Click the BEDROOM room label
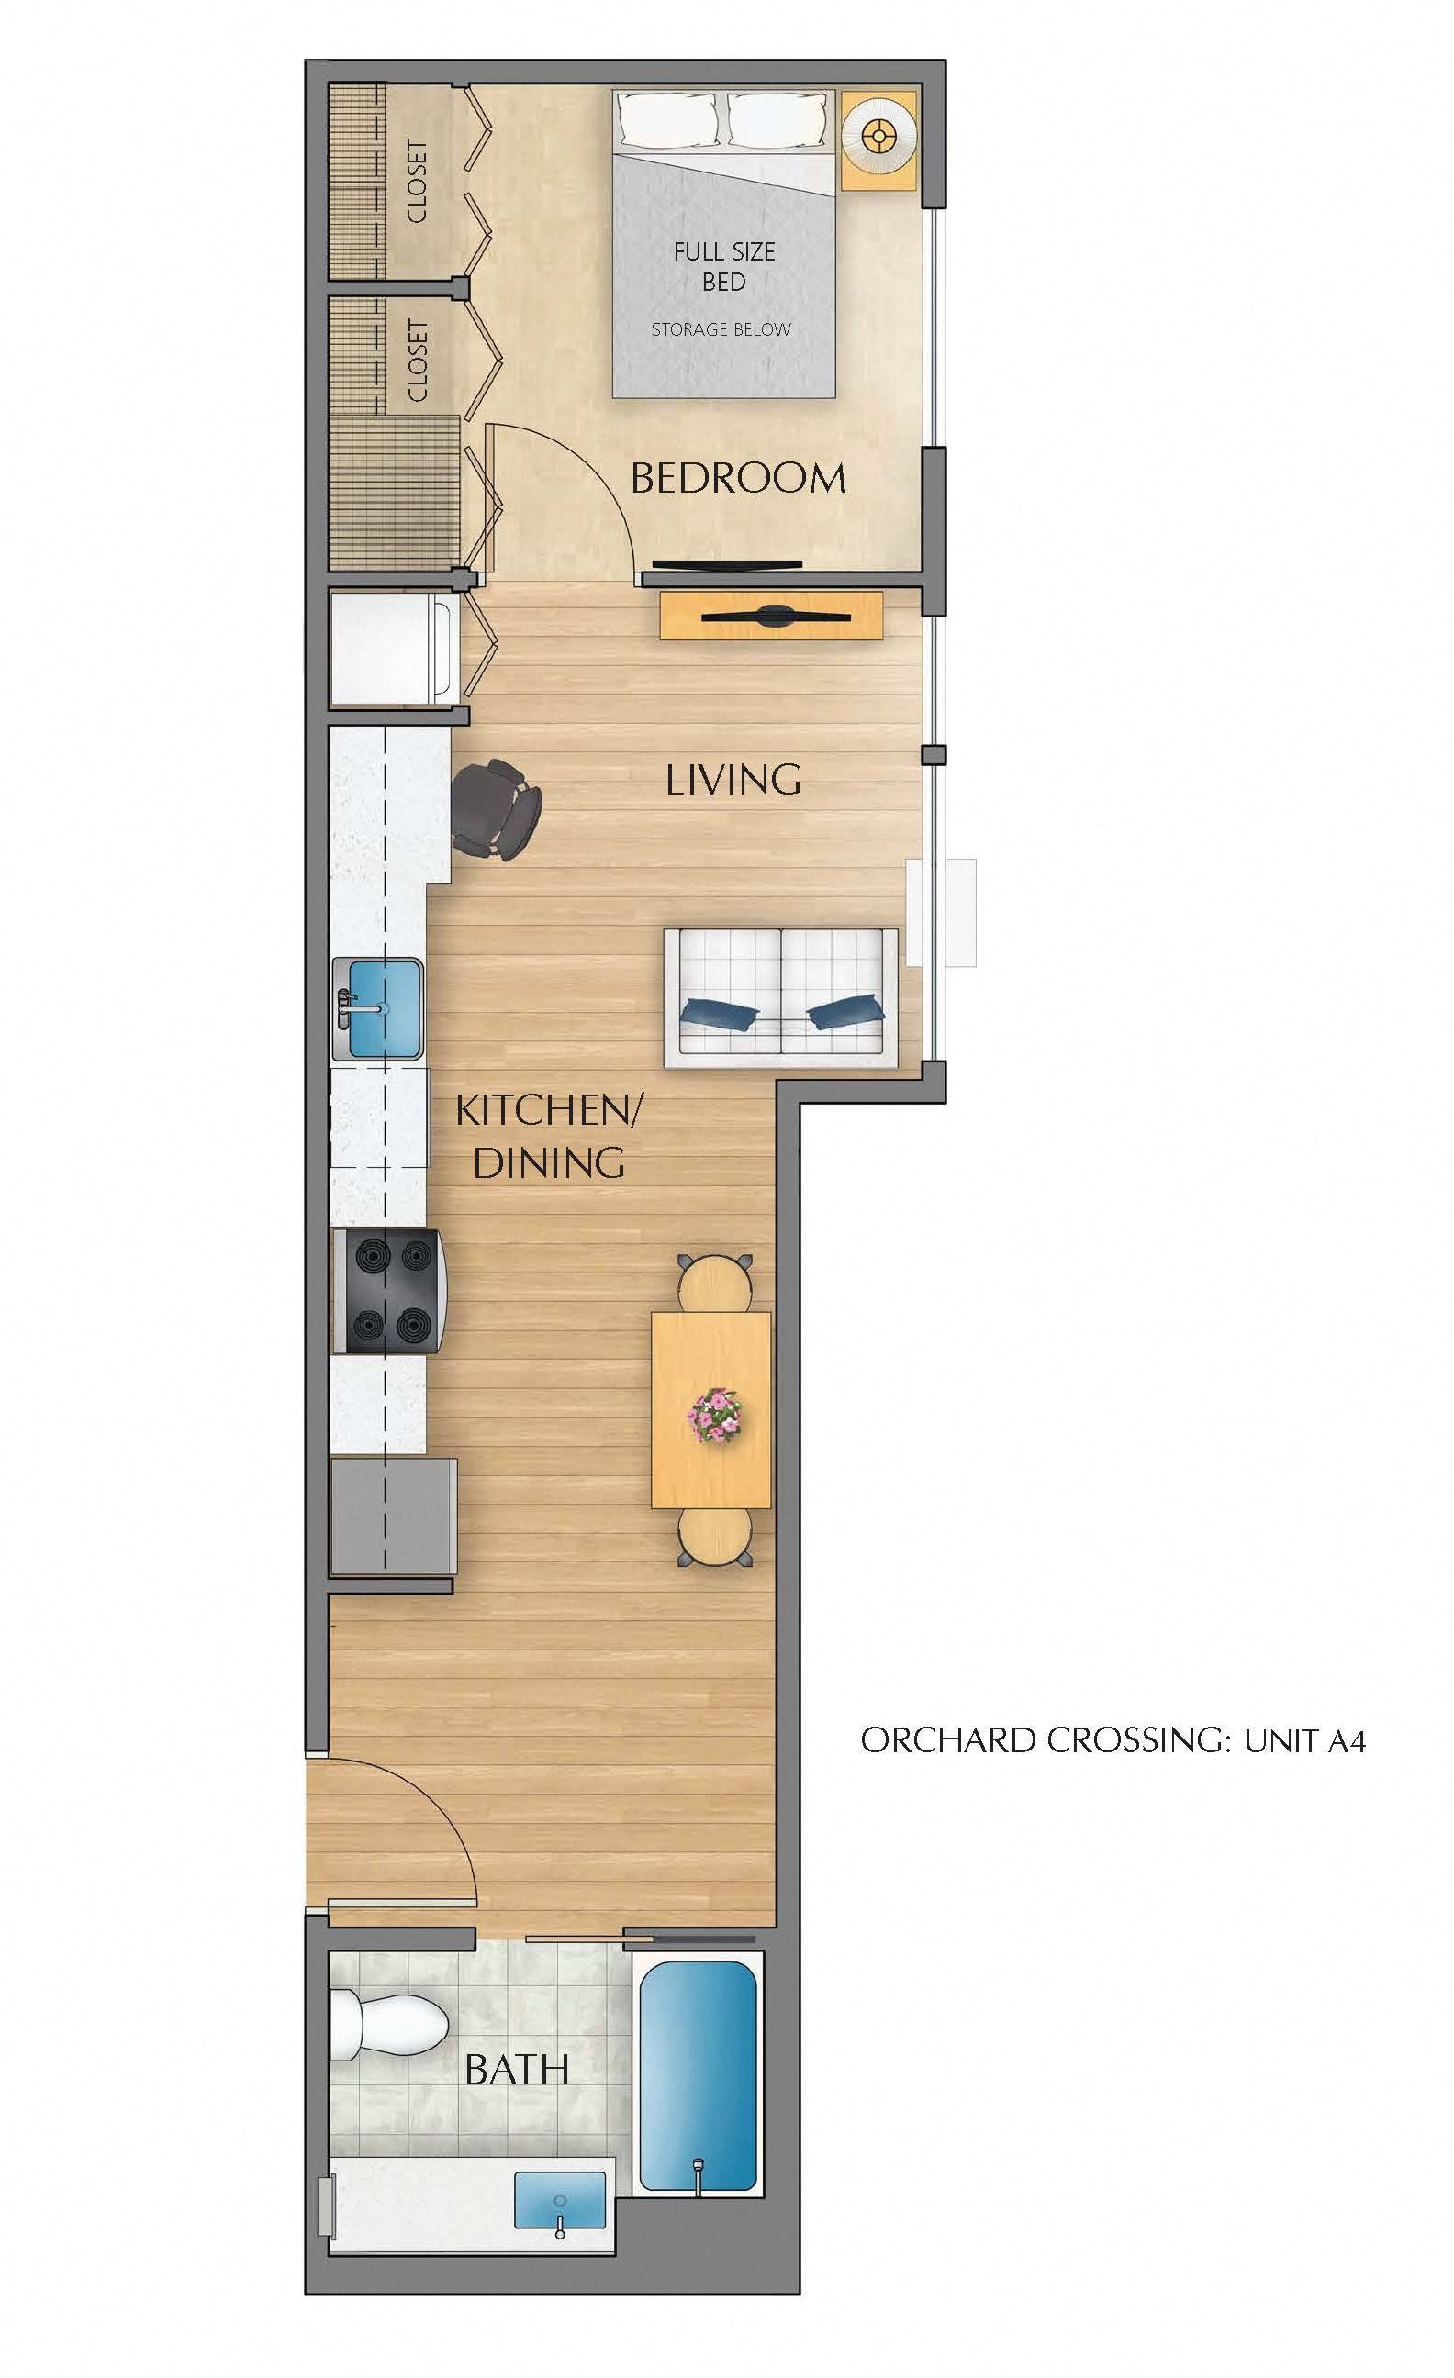(x=738, y=479)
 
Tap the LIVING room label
(x=733, y=780)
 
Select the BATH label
(x=517, y=2069)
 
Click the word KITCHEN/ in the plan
(x=548, y=1112)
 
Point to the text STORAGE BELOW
(x=721, y=329)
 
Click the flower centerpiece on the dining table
(x=715, y=1416)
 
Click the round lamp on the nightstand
(x=878, y=137)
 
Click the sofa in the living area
(x=780, y=997)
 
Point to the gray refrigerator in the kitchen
(x=392, y=1517)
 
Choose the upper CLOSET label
(x=416, y=182)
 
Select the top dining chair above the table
(x=714, y=1282)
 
